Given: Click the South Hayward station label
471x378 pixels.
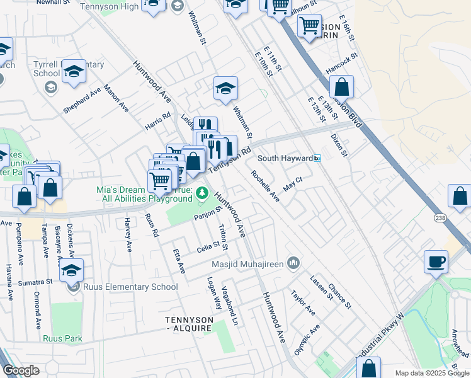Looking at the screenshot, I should pos(285,158).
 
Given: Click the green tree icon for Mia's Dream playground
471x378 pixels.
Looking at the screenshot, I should pos(202,192).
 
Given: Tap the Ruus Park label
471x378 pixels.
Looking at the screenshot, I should pos(62,338).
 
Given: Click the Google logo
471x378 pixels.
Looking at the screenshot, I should pos(21,370).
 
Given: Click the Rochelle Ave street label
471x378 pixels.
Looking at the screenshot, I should pos(265,186).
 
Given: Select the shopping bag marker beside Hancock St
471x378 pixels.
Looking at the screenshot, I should pos(341,88).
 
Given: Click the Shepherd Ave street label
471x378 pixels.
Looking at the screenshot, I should pos(82,101).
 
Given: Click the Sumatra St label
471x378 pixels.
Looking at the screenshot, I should pos(35,282).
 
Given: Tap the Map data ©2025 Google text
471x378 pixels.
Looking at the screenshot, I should pos(432,373).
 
